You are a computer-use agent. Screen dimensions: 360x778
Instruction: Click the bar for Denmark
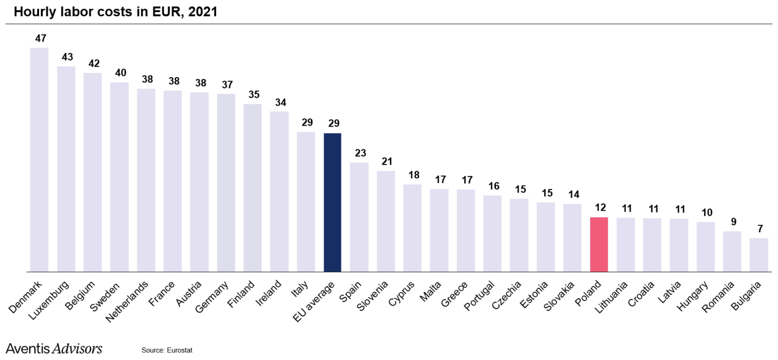39,159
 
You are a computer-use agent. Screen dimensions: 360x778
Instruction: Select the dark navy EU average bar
332,203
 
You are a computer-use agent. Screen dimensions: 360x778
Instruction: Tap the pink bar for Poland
599,245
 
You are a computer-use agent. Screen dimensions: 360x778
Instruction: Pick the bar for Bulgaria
758,255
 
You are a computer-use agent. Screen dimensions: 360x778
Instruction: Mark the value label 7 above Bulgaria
760,229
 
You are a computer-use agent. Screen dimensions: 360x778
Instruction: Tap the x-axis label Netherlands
128,301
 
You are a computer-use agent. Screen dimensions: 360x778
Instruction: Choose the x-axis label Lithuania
612,298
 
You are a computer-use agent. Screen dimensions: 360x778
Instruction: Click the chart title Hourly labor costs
115,12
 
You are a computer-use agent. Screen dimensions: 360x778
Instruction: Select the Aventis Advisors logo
54,348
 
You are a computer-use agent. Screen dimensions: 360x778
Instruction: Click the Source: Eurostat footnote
167,350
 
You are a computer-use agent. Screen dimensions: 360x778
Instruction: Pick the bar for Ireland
279,191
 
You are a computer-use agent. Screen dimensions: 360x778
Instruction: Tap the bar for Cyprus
412,228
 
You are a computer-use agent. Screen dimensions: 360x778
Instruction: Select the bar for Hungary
705,247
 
